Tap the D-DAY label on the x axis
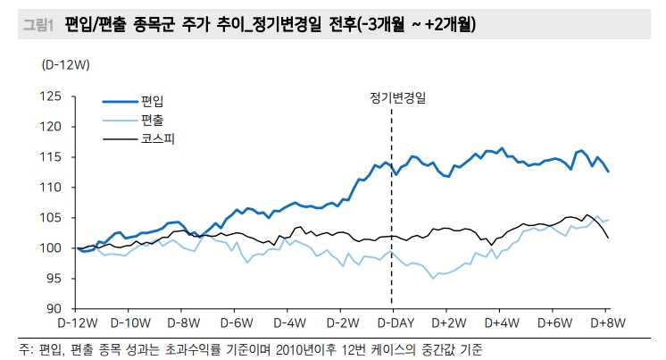pos(393,322)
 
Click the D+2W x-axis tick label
pos(447,322)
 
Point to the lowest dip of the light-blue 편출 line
pos(434,278)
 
